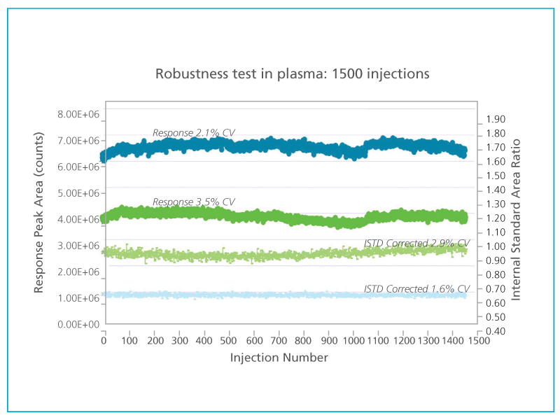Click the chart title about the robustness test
click(x=292, y=73)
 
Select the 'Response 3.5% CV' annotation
click(x=194, y=202)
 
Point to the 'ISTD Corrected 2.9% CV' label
click(x=416, y=244)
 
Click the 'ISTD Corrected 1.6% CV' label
click(x=416, y=288)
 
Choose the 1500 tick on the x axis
click(x=478, y=341)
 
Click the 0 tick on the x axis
click(x=104, y=341)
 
